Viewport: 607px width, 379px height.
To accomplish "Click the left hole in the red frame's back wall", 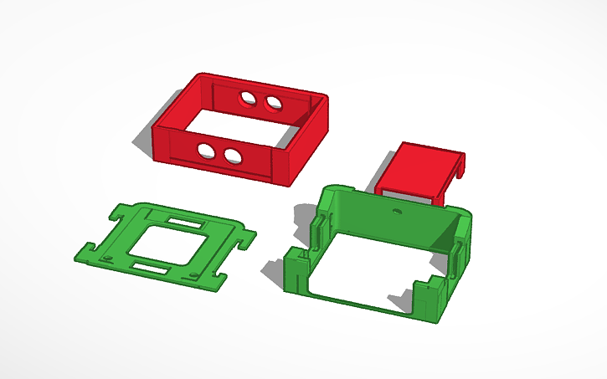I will click(249, 100).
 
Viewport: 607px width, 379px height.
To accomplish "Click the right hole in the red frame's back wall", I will click(273, 103).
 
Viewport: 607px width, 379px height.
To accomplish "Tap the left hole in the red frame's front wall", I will click(204, 149).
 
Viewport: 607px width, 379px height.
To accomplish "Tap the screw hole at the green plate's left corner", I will click(110, 257).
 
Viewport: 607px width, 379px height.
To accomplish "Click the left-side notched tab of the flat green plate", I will click(86, 250).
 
